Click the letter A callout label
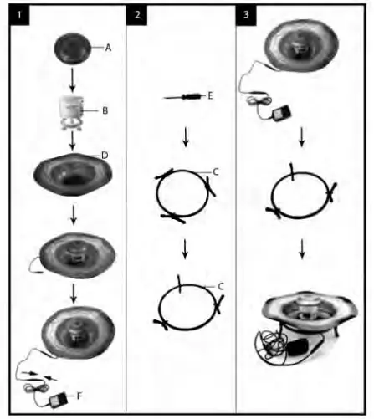point(108,49)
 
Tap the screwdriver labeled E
point(182,98)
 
